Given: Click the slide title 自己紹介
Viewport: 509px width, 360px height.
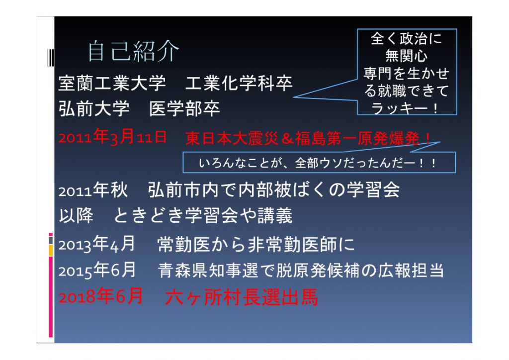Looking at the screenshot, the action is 133,51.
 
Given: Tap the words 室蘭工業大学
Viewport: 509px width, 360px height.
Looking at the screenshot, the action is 112,83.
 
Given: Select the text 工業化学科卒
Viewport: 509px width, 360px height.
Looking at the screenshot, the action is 239,83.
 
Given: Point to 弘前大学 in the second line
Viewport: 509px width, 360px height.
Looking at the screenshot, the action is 94,108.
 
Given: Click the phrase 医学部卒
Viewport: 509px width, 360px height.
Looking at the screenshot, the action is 185,108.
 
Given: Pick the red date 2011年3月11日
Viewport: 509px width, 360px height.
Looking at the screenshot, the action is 113,137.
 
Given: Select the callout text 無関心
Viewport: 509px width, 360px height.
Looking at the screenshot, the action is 406,56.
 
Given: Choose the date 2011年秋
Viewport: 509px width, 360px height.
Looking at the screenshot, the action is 93,190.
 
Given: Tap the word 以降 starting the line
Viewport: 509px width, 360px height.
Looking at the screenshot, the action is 76,215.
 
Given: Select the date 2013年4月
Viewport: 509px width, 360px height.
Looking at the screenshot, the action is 97,244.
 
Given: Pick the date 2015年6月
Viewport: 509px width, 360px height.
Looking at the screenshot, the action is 97,270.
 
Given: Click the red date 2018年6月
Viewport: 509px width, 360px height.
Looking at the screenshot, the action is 100,296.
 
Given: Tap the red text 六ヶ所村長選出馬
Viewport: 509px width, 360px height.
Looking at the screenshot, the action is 242,297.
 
